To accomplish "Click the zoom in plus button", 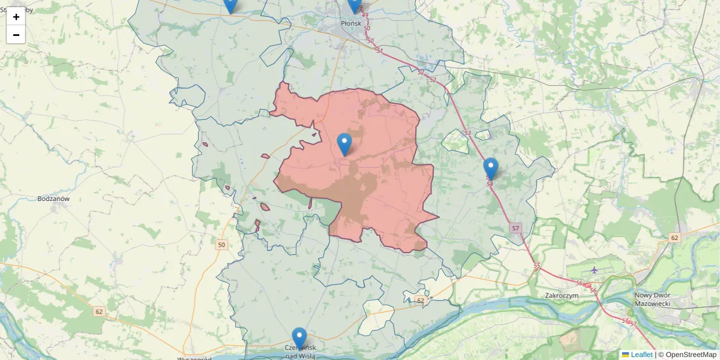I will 16,16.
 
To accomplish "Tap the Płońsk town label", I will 351,23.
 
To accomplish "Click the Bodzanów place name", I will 54,198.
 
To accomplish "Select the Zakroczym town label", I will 561,295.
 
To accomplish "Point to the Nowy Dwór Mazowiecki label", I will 658,299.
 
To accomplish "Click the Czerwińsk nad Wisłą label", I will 299,352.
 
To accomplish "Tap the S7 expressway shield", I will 515,229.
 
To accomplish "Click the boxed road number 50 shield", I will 222,245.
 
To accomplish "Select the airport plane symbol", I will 594,271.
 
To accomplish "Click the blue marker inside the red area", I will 344,144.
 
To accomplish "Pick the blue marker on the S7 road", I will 491,168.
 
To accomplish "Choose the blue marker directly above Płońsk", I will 355,5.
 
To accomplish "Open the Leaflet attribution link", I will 641,355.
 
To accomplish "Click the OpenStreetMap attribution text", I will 691,355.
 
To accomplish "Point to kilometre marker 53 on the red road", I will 468,133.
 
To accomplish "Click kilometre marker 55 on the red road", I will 536,266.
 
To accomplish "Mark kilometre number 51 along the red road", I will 379,51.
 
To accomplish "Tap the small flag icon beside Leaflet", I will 625,355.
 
